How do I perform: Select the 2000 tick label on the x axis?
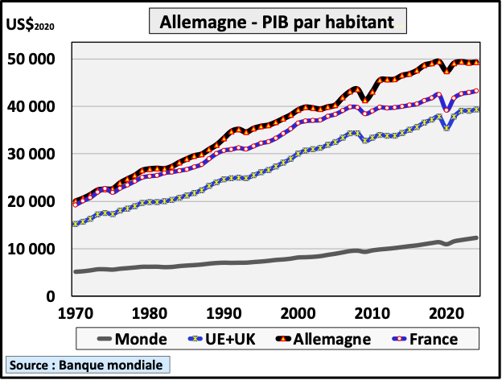298,312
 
